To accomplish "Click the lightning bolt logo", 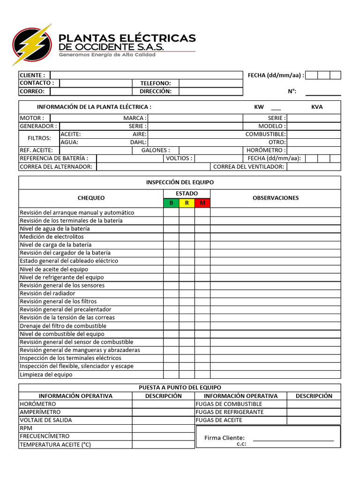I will [32, 45].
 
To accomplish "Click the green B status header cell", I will [171, 203].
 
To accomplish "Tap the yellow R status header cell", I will [187, 203].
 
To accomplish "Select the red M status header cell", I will [202, 203].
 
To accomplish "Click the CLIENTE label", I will [32, 75].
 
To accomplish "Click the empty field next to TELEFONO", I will [210, 83].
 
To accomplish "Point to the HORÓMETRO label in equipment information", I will [266, 150].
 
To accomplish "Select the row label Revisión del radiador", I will [47, 293].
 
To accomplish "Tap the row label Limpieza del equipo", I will [46, 375].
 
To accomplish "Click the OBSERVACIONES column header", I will [276, 198].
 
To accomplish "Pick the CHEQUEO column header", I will [91, 198].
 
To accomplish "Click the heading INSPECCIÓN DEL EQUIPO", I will [180, 182].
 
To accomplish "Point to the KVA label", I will [317, 107].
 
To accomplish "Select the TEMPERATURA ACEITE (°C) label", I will [55, 444].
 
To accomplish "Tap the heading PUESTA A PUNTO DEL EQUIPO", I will [180, 388].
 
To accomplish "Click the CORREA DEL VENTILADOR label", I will [248, 166].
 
